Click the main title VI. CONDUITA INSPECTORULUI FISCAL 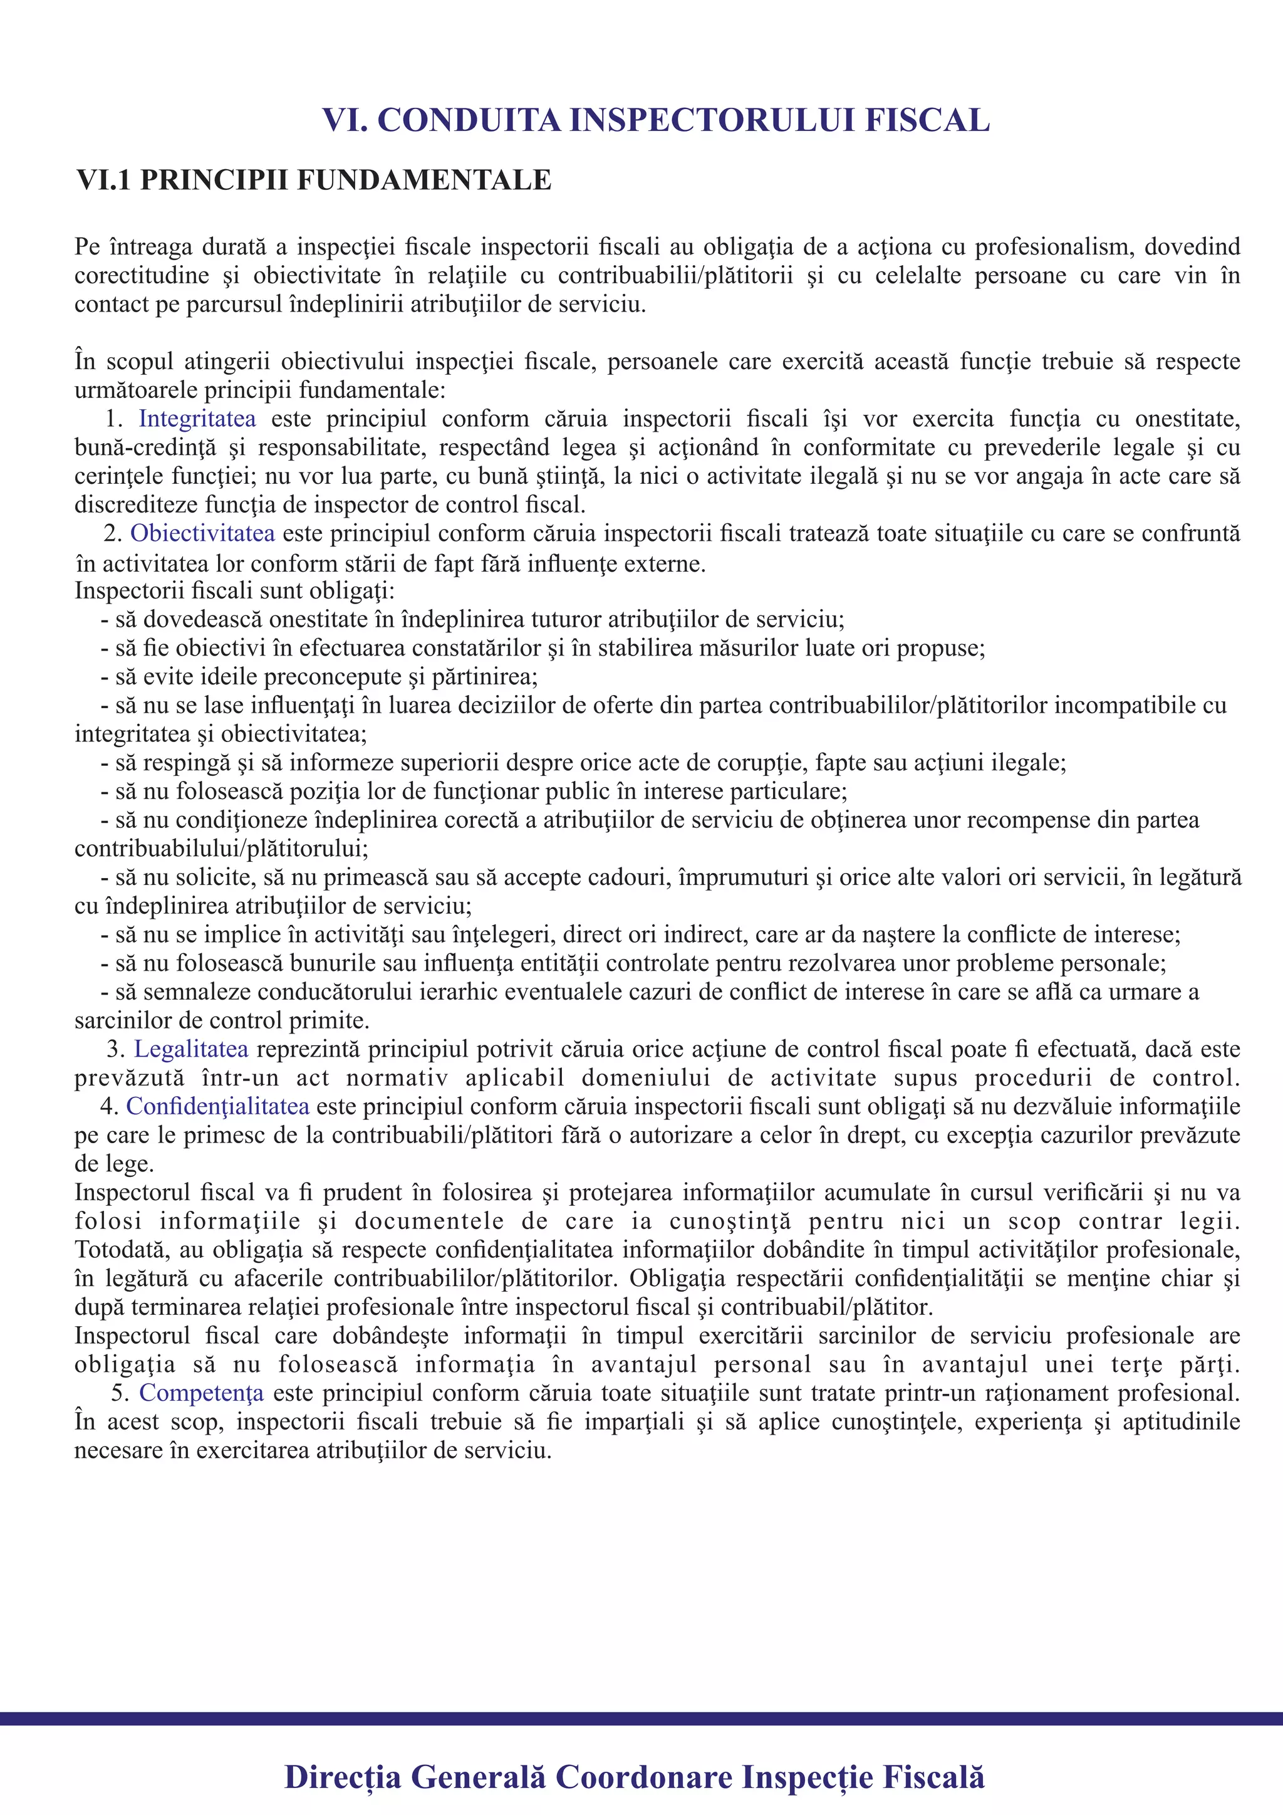click(656, 120)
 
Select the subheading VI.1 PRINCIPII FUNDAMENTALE click(314, 180)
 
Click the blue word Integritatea click(197, 419)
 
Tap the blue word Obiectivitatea click(202, 533)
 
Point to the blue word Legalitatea click(190, 1049)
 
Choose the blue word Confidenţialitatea click(217, 1106)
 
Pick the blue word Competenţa click(202, 1393)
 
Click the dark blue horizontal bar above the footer click(641, 1718)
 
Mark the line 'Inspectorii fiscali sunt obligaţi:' click(235, 590)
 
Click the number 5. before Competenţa click(119, 1393)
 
